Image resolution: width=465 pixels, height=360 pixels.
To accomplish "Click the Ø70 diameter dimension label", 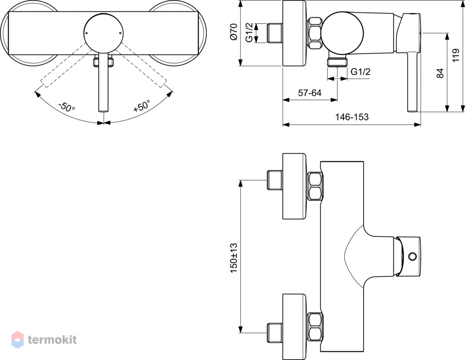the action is [x=234, y=32].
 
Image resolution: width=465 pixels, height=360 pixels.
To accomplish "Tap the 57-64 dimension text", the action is [x=310, y=93].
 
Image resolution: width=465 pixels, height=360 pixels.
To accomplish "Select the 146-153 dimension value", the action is [x=352, y=117].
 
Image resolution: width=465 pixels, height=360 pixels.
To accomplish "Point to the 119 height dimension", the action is [x=456, y=55].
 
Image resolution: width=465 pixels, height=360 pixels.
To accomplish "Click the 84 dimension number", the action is [x=440, y=73].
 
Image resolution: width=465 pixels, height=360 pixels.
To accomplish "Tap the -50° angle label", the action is [x=67, y=107].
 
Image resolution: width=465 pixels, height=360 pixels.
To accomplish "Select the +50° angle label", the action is [x=142, y=106].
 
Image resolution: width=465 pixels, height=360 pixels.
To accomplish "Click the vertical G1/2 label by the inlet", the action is [x=250, y=32].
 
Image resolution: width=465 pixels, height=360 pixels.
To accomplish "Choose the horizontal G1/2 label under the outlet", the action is [x=361, y=72].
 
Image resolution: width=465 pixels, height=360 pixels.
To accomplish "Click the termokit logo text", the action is [x=52, y=340].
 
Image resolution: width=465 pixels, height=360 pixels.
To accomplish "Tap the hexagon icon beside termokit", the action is [x=18, y=340].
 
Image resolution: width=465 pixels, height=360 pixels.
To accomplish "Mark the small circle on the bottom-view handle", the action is [x=412, y=256].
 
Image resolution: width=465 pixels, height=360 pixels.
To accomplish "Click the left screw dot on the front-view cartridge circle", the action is [x=86, y=33].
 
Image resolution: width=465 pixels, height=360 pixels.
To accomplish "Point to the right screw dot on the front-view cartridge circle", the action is [x=120, y=33].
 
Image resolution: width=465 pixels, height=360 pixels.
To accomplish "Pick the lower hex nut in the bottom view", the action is [x=316, y=326].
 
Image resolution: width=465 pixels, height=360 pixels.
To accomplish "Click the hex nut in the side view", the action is [x=316, y=33].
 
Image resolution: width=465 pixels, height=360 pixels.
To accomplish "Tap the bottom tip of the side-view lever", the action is [x=412, y=112].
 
